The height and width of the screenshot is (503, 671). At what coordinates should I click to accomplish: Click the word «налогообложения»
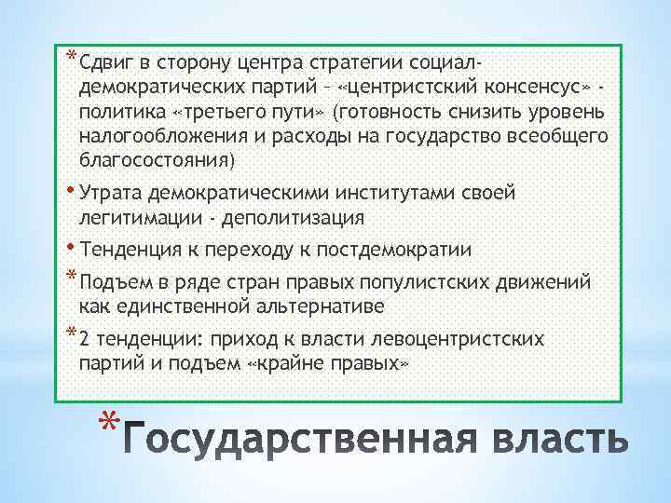click(x=157, y=137)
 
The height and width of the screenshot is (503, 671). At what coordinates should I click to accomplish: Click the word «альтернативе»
click(x=308, y=306)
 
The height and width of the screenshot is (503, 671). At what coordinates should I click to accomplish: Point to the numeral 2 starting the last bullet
click(x=86, y=339)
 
